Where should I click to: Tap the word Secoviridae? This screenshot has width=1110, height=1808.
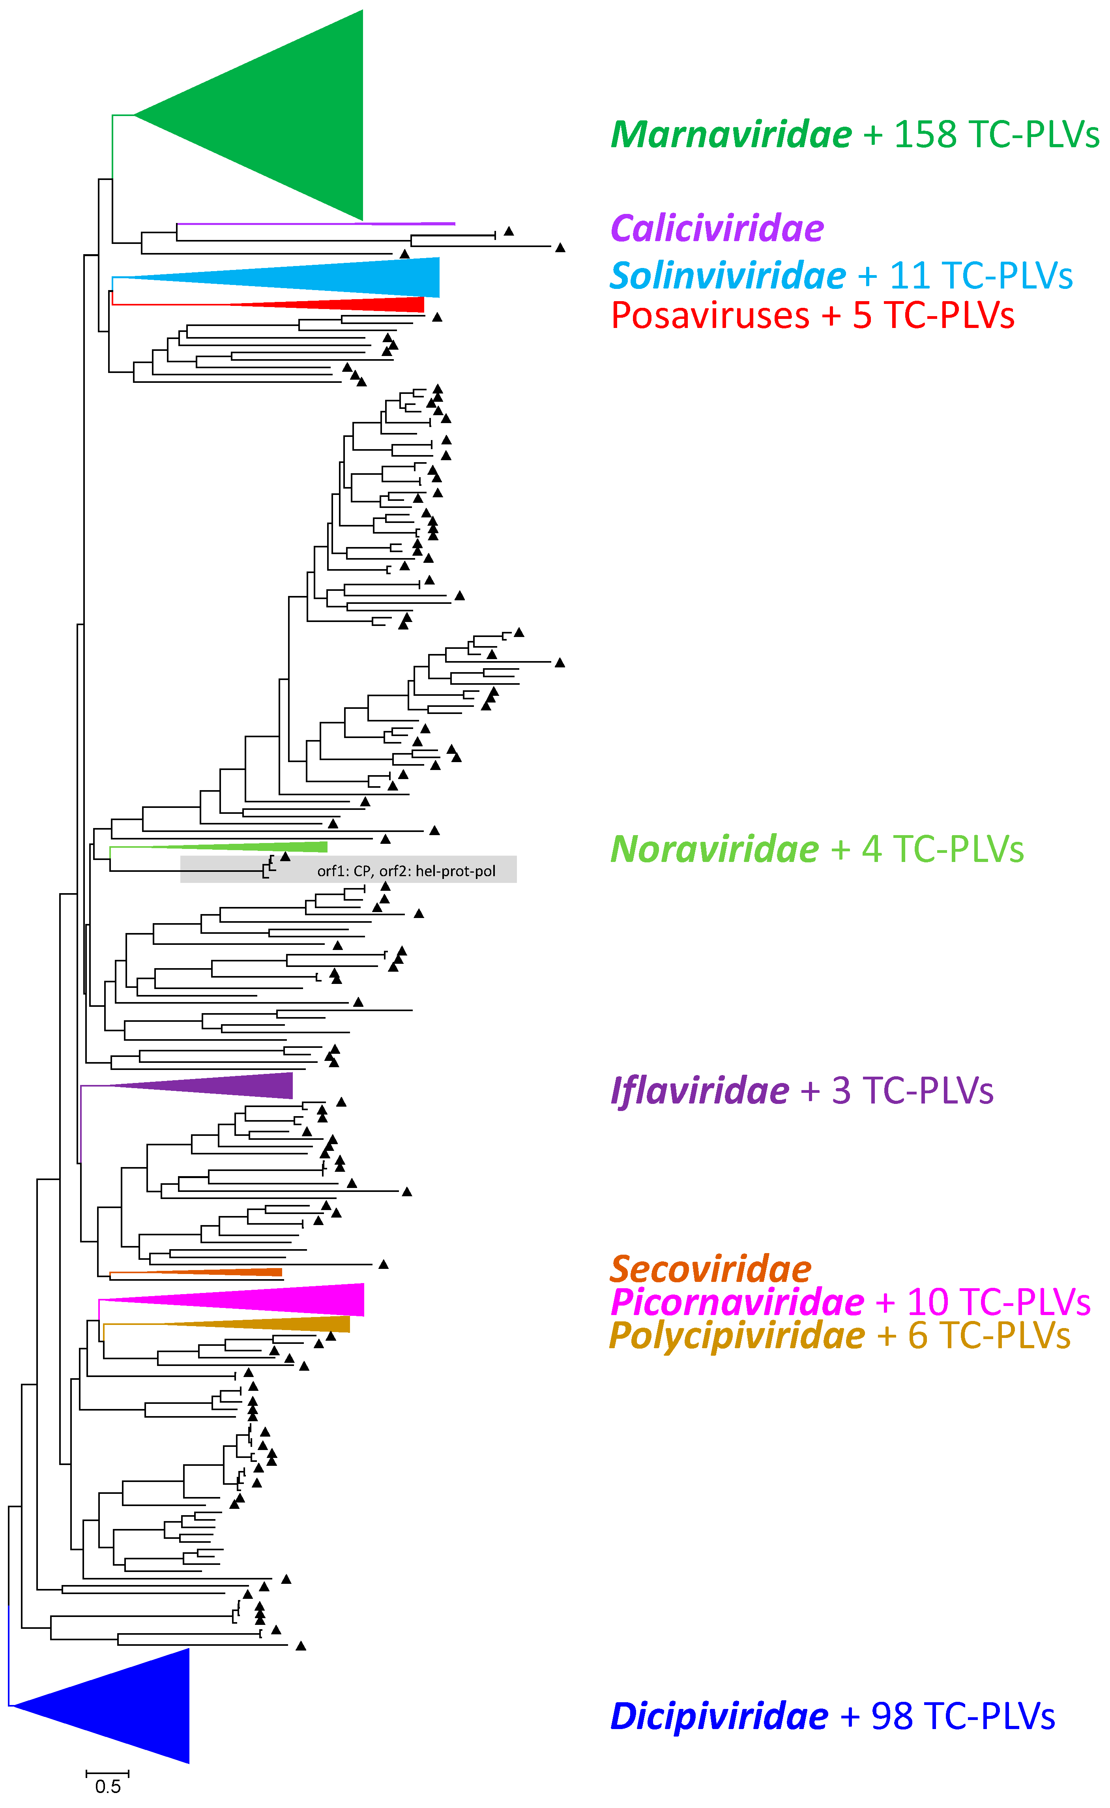(x=711, y=1269)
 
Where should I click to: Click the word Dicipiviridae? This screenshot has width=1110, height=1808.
(x=719, y=1716)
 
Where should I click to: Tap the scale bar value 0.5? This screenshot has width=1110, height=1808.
(x=108, y=1787)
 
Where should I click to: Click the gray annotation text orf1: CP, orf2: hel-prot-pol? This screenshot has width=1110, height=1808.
(x=406, y=871)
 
